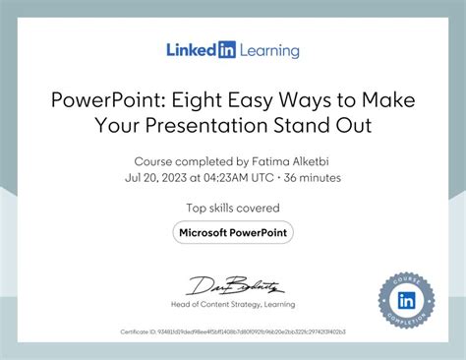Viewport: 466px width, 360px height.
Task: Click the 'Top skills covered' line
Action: pos(232,208)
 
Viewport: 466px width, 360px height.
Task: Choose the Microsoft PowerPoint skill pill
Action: pos(233,232)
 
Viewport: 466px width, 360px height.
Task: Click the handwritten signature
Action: pos(233,286)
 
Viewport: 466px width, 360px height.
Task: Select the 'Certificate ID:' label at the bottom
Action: pos(138,332)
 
